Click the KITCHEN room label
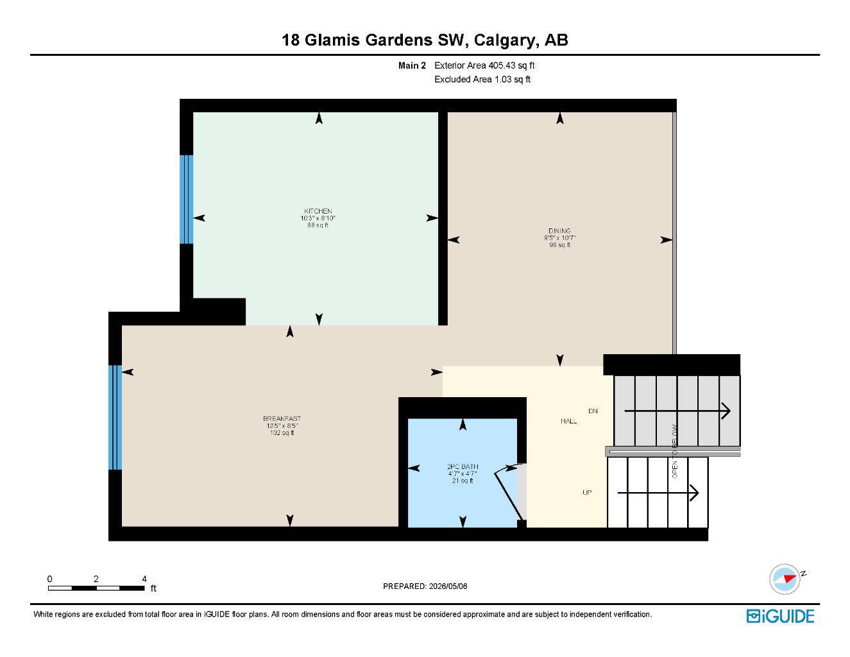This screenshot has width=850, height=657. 318,211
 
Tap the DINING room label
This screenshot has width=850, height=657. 559,231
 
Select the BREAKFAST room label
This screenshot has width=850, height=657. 282,418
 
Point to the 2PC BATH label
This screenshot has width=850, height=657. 463,466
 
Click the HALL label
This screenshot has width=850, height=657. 569,421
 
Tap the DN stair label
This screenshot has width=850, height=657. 593,411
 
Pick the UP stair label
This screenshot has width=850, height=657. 587,492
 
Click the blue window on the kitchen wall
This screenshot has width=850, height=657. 186,200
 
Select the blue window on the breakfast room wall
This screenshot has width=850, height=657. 115,417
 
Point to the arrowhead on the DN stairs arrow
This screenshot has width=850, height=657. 726,411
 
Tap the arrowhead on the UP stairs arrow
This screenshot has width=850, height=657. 694,493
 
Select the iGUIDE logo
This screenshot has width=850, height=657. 780,616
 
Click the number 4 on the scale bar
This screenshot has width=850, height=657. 144,579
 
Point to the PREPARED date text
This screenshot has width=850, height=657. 425,586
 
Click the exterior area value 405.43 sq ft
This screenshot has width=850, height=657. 511,65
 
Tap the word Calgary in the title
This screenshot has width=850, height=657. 504,40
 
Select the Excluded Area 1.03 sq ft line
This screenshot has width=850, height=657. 482,80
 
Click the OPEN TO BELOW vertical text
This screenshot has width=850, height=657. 674,451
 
